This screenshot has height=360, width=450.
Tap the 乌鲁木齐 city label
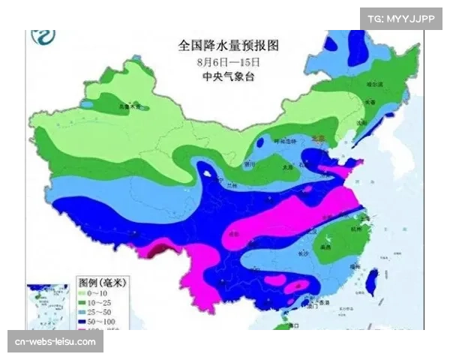(109, 107)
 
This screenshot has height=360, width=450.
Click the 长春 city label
(369, 103)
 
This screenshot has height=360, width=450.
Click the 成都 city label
(234, 234)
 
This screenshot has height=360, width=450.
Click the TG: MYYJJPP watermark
(400, 18)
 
